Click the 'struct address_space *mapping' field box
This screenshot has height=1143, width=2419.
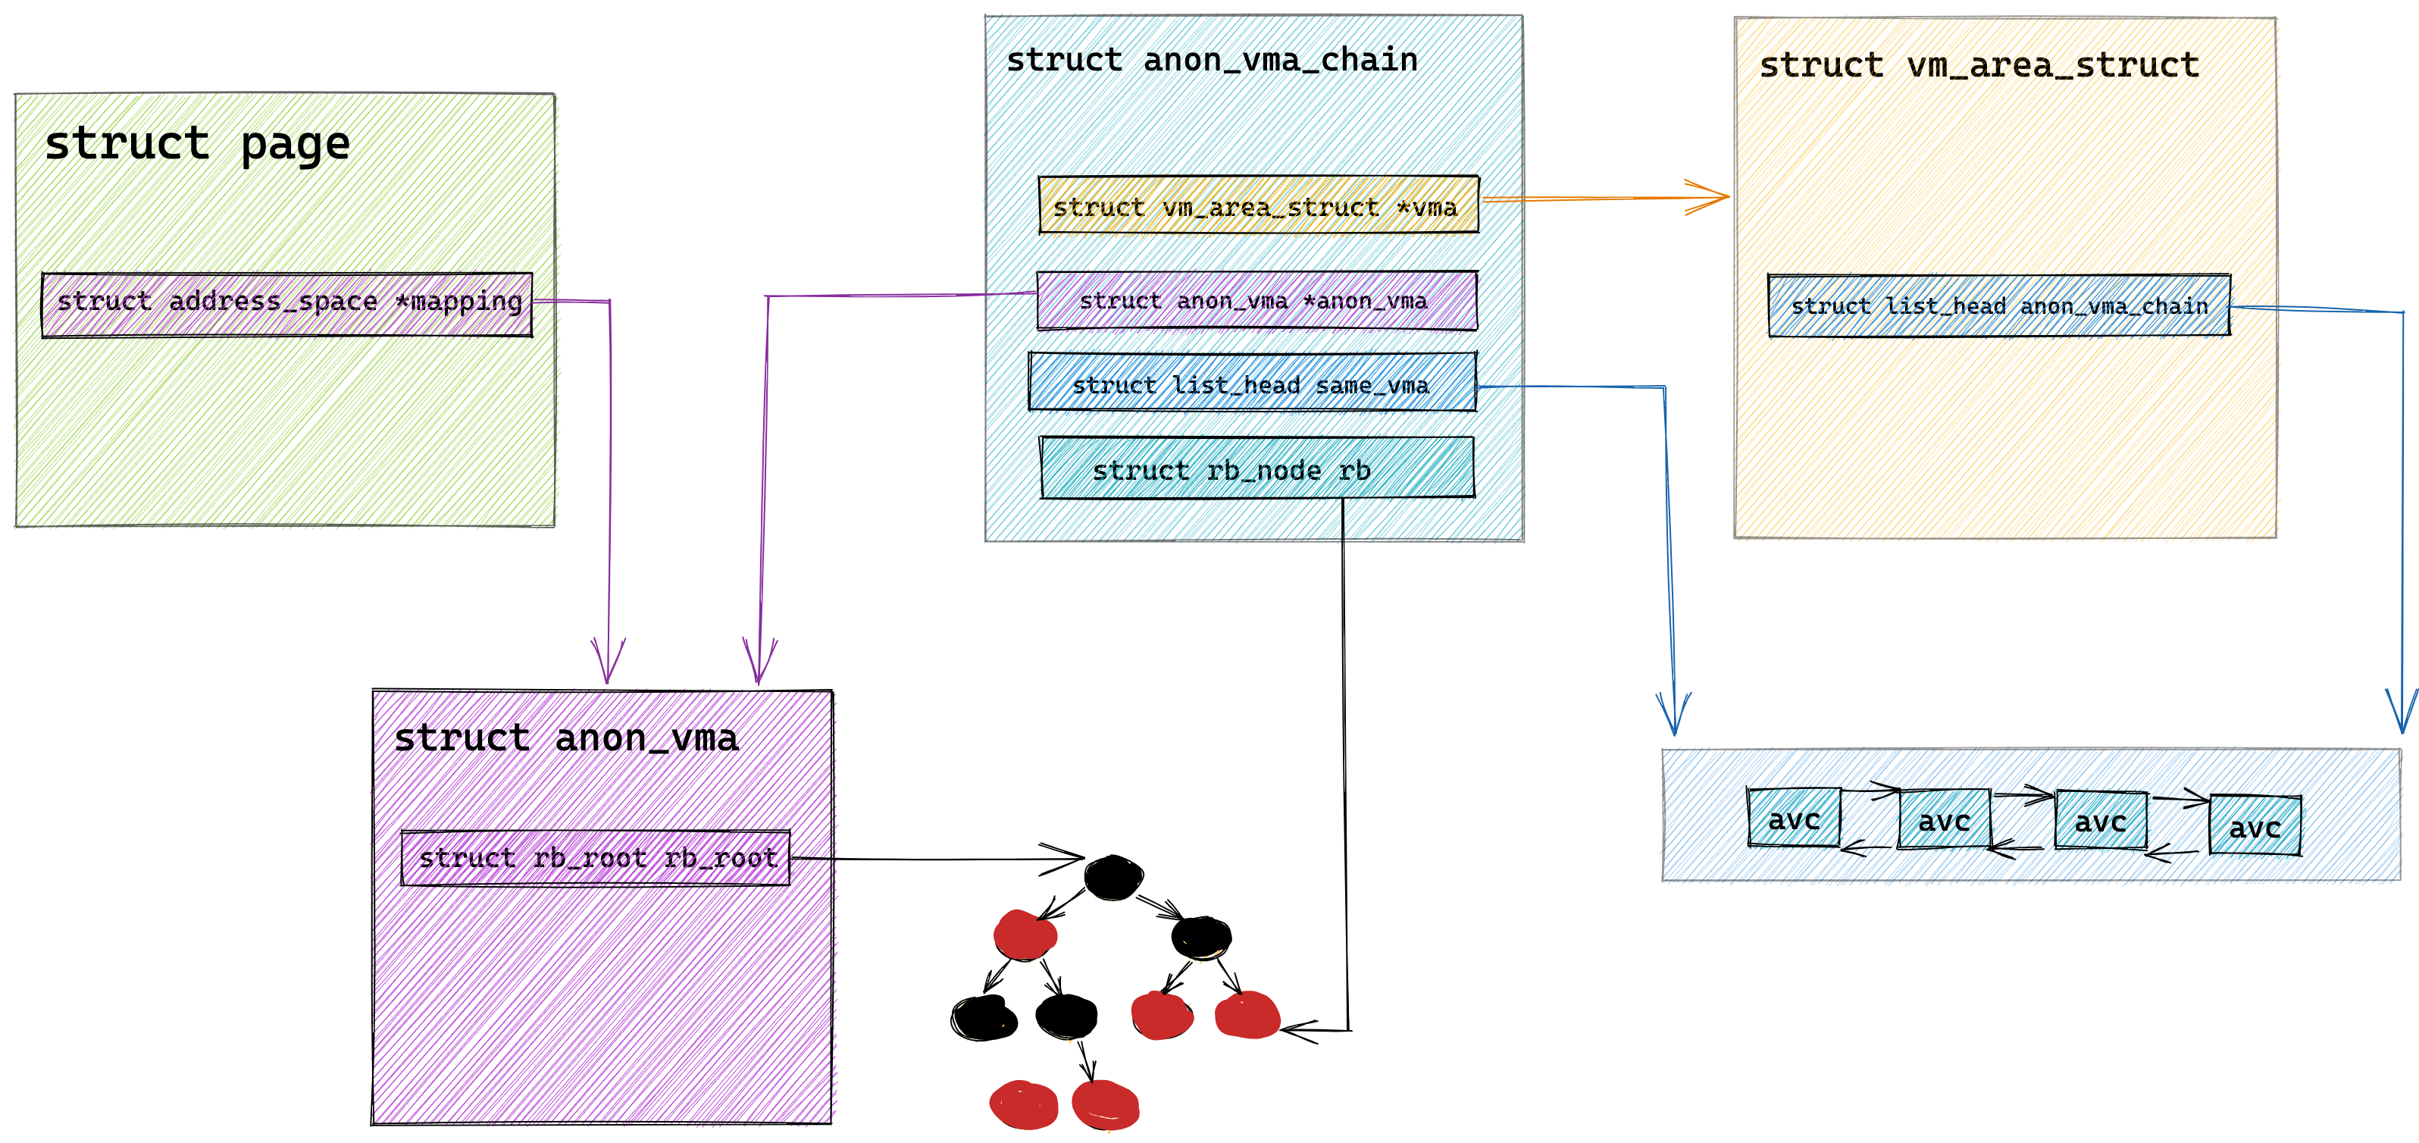coord(287,304)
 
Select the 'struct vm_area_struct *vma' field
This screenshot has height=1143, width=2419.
coord(1258,205)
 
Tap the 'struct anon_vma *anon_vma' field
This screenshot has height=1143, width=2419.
coord(1256,301)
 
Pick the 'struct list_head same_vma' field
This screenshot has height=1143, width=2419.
coord(1253,382)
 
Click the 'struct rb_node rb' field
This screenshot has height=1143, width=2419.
coord(1256,468)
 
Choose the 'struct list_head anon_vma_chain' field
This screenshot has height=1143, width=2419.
coord(1999,305)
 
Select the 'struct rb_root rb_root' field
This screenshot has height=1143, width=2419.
coord(596,857)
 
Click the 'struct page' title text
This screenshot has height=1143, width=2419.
coord(197,144)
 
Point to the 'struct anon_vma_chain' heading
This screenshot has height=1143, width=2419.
coord(1211,60)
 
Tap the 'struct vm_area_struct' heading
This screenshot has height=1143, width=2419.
coord(1979,64)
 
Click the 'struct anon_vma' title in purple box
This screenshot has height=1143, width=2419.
coord(566,738)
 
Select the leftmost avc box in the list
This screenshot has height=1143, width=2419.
coord(1794,817)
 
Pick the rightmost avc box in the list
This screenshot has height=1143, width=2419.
coord(2255,825)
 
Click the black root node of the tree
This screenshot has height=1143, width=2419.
coord(1114,877)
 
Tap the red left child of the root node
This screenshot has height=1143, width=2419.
coord(1025,935)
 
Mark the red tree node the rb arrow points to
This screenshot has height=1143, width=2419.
coord(1247,1015)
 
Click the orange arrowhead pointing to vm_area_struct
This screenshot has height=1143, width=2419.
coord(1707,197)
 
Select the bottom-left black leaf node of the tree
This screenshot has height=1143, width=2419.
coord(983,1017)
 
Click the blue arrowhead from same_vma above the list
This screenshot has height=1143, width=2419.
coord(1673,714)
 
